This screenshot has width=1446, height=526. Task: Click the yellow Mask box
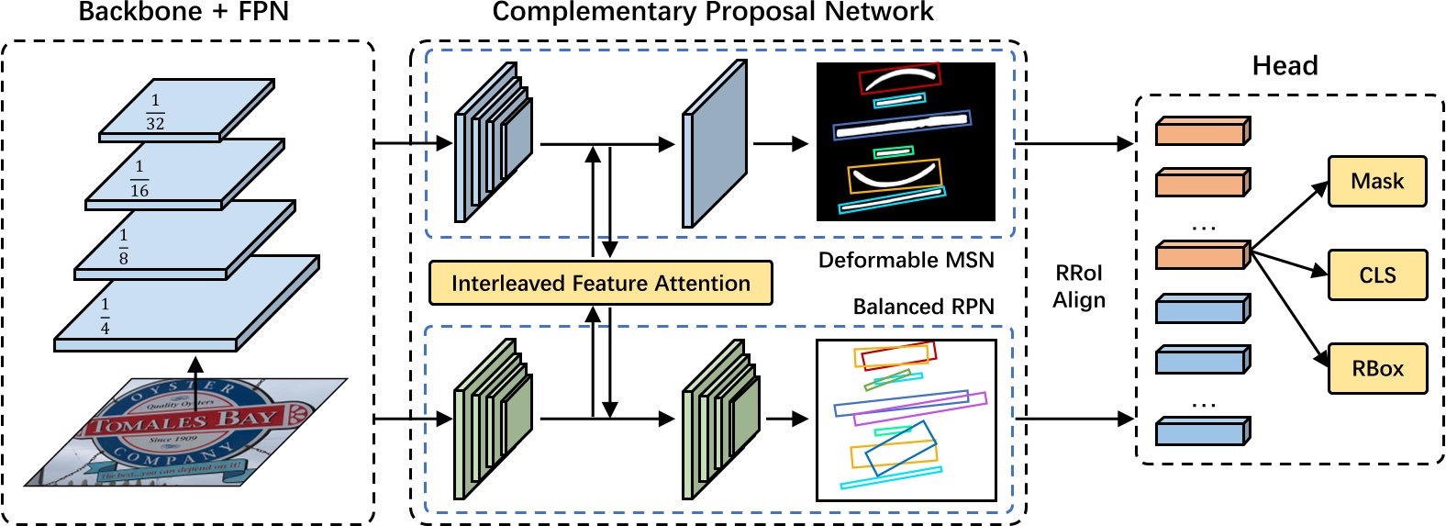coord(1377,182)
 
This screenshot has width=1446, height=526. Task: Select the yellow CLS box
coord(1377,275)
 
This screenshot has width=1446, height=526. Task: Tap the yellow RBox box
coord(1377,369)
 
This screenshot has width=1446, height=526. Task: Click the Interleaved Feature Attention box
coord(600,284)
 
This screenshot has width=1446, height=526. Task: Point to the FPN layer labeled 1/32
coord(187,110)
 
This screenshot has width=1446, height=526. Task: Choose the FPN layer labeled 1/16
coord(184,174)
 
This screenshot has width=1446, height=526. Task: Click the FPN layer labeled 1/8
coord(184,241)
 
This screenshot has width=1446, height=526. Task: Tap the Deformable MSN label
coord(906,261)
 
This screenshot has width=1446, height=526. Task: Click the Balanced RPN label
coord(923,307)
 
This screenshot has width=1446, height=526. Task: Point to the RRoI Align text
coord(1079,286)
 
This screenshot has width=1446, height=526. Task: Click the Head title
coord(1285,66)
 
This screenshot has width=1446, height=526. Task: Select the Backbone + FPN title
coord(184,12)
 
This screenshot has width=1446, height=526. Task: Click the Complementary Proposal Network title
coord(712,12)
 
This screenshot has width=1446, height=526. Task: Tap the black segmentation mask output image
coord(906,141)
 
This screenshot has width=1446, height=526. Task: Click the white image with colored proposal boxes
coord(906,420)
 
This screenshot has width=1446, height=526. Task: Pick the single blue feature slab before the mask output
coord(714,144)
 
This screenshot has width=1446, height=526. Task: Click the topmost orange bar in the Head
coord(1201,131)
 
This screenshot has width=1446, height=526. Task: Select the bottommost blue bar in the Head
coord(1201,431)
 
